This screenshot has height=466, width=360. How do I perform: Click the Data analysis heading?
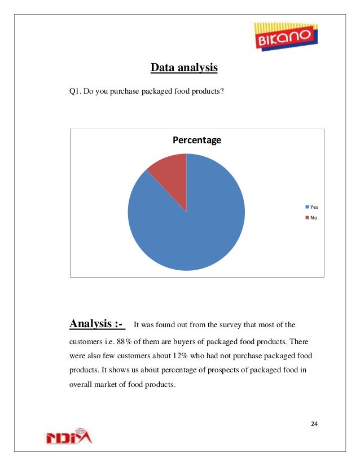click(183, 68)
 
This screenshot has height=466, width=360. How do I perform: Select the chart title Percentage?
click(196, 140)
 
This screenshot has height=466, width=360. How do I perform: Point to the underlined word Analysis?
click(90, 324)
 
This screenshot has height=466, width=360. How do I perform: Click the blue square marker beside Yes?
click(307, 207)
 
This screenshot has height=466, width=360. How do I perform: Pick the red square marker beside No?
click(307, 217)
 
